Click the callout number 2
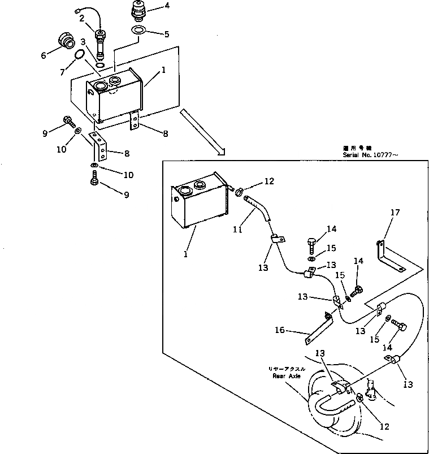click(82, 19)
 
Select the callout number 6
click(43, 55)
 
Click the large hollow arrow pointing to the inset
click(202, 132)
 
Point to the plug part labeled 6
click(67, 42)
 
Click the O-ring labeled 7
click(80, 54)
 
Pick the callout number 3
click(83, 42)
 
